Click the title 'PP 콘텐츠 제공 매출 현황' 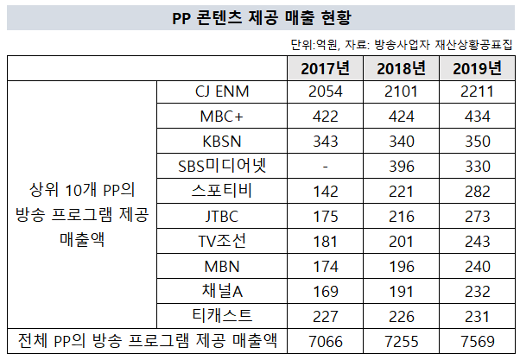coord(260,16)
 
